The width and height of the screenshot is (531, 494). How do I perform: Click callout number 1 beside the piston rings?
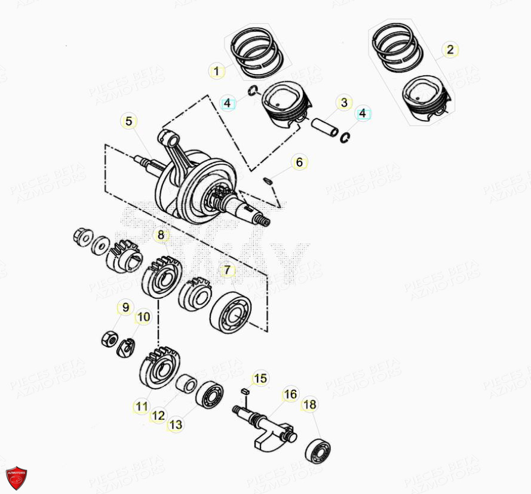[217, 72]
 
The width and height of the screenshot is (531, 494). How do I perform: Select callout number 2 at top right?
[450, 50]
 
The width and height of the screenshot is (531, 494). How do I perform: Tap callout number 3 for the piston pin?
[343, 103]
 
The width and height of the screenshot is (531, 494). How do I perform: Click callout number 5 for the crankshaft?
[128, 122]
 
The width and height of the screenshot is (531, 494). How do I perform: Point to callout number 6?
[300, 162]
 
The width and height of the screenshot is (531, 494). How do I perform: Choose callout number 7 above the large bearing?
[227, 271]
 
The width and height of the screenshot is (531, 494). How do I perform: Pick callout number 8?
[160, 235]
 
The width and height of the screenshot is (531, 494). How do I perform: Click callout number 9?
[125, 308]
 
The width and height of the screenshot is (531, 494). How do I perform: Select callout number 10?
[143, 317]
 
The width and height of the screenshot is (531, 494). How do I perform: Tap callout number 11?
[141, 407]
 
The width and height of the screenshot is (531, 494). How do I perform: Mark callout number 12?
[158, 416]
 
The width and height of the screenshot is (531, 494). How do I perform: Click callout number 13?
[176, 425]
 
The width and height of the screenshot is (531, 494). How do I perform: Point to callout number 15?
[260, 378]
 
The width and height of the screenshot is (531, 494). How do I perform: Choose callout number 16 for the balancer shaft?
[290, 395]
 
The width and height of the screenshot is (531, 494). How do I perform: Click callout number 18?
[309, 405]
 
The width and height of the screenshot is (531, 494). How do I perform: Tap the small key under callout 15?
[244, 392]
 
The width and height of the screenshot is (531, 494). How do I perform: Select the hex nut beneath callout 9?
[109, 340]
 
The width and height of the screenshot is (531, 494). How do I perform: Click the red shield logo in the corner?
[16, 478]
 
